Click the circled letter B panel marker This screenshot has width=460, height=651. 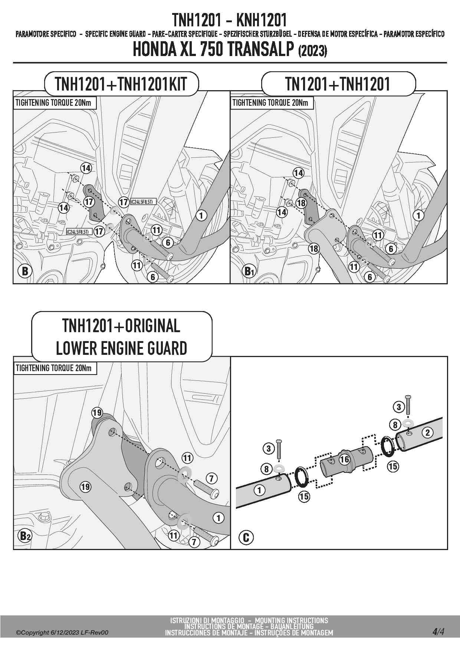pos(25,271)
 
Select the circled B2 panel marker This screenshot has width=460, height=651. pos(25,536)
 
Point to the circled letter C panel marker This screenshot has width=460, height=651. pos(246,537)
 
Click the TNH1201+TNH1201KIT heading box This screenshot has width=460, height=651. pos(121,84)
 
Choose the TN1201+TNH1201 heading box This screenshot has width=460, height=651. pos(338,84)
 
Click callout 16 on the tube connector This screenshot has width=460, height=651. pos(345,459)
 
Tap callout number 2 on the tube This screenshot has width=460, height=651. pos(428,432)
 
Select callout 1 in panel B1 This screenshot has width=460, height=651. pos(419,215)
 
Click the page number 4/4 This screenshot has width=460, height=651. pos(438,631)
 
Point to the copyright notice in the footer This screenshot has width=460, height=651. pos(62,632)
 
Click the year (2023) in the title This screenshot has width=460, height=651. pos(312,51)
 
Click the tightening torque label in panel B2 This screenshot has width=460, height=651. pos(53,368)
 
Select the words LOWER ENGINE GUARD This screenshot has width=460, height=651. pos(121,349)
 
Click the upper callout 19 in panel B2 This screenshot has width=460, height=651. pos(97,413)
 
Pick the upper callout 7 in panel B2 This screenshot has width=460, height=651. pos(211,478)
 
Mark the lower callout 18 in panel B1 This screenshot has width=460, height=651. pos(314,248)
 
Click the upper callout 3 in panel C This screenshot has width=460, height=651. pos(399,407)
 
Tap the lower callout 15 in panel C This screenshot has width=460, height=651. pos(304,496)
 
